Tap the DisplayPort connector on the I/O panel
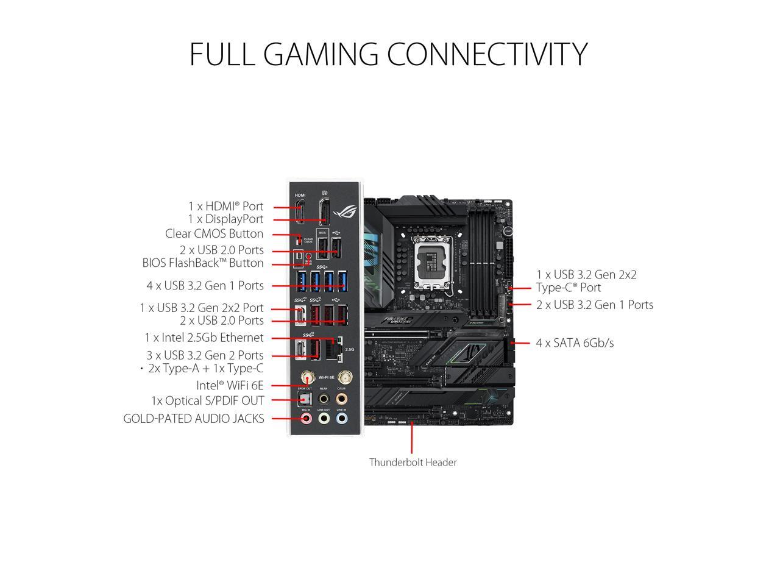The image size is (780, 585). (x=324, y=211)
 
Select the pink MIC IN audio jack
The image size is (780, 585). (x=307, y=419)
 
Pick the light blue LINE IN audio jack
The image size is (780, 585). (x=342, y=419)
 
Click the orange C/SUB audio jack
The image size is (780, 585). (x=342, y=399)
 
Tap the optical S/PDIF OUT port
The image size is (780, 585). (x=305, y=399)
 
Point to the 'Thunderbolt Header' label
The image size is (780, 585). (x=413, y=463)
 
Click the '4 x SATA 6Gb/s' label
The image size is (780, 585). (x=575, y=343)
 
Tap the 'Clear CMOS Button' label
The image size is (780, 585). (x=214, y=234)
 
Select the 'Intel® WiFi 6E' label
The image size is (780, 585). (x=230, y=386)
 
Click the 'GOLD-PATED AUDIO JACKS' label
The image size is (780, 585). (x=194, y=419)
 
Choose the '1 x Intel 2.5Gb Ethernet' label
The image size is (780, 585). (x=204, y=338)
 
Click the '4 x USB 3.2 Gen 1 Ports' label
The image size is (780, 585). (x=205, y=286)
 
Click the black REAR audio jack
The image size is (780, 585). (x=324, y=399)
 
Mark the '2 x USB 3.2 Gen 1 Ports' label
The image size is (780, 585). (x=595, y=305)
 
